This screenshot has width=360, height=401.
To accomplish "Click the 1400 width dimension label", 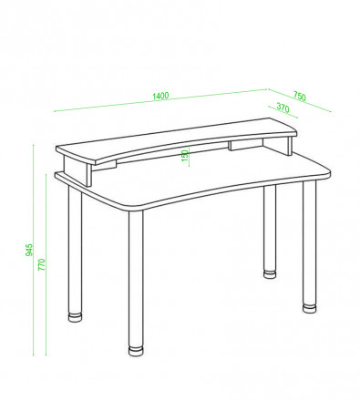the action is click(160, 96).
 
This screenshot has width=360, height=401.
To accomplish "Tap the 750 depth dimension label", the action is click(300, 97).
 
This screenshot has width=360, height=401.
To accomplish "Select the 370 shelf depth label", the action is click(283, 108).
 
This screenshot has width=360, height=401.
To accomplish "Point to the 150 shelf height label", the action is click(185, 156).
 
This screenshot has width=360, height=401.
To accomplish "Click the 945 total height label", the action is click(28, 250).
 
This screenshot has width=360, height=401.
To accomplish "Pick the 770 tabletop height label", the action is click(41, 264).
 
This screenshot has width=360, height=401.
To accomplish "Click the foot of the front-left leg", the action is click(136, 351).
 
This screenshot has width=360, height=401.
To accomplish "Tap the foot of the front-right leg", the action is click(310, 308).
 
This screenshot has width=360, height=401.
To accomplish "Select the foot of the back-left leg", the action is click(75, 317).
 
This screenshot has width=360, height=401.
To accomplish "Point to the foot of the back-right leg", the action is click(270, 273).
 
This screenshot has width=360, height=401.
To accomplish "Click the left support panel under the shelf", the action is click(77, 170).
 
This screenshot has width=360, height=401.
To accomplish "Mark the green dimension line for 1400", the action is click(160, 100).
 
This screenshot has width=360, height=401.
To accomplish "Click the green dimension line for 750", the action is click(299, 100).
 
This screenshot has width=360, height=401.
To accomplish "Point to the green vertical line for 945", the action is click(34, 250).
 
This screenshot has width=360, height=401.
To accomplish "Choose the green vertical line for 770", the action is click(46, 264).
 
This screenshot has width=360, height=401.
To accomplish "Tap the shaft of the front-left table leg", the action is click(136, 278).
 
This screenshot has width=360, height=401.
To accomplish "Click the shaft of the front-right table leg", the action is click(310, 242).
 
